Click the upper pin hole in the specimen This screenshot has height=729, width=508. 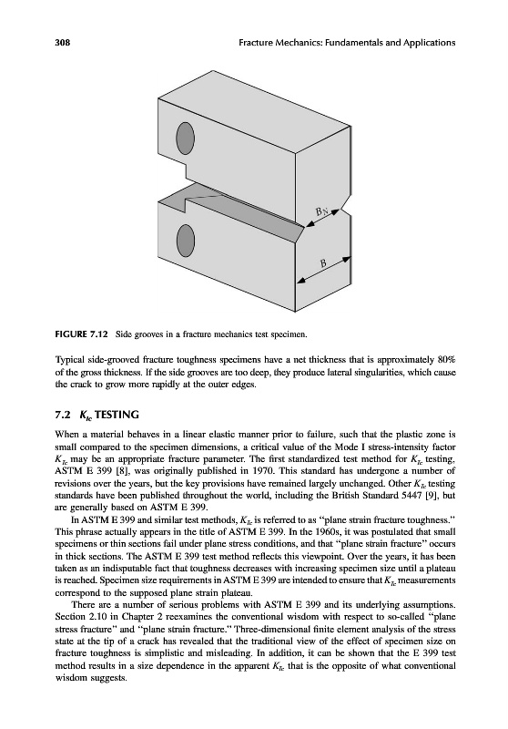pos(186,135)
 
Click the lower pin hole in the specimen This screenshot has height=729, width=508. pos(186,237)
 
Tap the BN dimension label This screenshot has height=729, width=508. pos(322,211)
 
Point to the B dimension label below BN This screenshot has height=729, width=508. pos(324,264)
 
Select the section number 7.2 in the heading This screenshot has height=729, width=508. pos(61,415)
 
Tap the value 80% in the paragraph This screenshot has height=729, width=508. pos(447,360)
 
